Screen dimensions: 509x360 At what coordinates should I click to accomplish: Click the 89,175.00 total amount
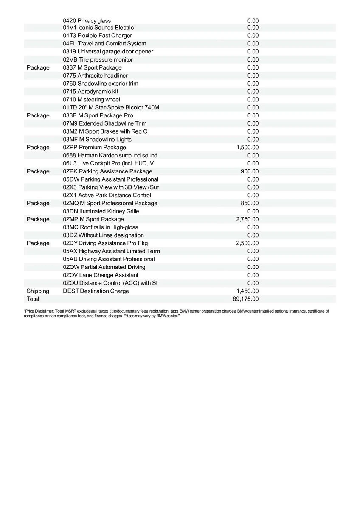pyautogui.click(x=246, y=299)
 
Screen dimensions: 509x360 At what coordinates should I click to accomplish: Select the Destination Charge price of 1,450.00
pyautogui.click(x=247, y=291)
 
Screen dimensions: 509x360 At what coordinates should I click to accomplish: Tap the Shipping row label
pyautogui.click(x=38, y=291)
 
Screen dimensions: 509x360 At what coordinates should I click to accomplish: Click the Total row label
pyautogui.click(x=33, y=299)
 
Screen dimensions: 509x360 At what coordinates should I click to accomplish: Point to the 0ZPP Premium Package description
pyautogui.click(x=94, y=147)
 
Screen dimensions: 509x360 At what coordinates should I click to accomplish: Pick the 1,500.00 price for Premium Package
pyautogui.click(x=247, y=147)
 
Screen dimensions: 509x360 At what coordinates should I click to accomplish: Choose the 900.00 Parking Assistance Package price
pyautogui.click(x=250, y=171)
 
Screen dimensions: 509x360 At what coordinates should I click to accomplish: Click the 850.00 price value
pyautogui.click(x=250, y=203)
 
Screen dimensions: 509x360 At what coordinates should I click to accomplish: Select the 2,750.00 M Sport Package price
pyautogui.click(x=247, y=219)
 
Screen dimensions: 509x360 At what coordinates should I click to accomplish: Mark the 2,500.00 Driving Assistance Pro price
pyautogui.click(x=247, y=243)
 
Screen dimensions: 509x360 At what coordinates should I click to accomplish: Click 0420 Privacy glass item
pyautogui.click(x=87, y=20)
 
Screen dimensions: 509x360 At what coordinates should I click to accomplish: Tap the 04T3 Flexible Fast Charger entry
pyautogui.click(x=97, y=36)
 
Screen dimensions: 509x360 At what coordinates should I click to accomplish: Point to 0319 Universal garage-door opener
pyautogui.click(x=108, y=51)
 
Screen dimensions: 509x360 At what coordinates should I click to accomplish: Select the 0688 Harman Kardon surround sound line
pyautogui.click(x=110, y=155)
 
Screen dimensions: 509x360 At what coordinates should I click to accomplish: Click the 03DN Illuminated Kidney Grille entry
pyautogui.click(x=101, y=211)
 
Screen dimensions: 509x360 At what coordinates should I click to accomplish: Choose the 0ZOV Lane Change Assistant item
pyautogui.click(x=101, y=275)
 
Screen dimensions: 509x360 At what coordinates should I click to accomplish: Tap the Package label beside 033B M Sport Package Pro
pyautogui.click(x=38, y=115)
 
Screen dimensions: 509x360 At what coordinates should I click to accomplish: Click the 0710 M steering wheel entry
pyautogui.click(x=91, y=99)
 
